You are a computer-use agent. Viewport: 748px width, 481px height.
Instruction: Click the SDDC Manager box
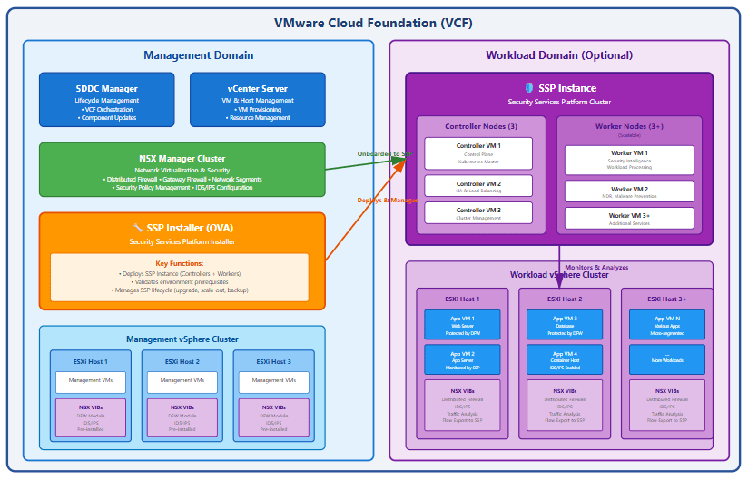click(x=106, y=100)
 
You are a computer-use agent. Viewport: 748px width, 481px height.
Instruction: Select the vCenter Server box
click(x=257, y=100)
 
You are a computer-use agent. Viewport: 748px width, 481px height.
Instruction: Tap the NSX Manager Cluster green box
click(x=182, y=170)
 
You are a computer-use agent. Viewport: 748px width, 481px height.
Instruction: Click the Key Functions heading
click(x=179, y=263)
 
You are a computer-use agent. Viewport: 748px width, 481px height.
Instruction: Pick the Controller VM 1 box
click(x=477, y=153)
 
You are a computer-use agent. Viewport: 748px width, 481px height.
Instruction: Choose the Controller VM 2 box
click(x=477, y=186)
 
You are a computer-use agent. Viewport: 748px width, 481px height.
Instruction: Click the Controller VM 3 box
click(x=477, y=213)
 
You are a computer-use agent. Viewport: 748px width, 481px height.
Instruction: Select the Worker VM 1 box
click(x=628, y=160)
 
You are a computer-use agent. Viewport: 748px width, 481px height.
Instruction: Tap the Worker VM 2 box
click(x=628, y=191)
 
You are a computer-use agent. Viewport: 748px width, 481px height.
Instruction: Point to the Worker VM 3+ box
click(x=628, y=219)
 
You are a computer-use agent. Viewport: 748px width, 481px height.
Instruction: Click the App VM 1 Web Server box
click(x=462, y=324)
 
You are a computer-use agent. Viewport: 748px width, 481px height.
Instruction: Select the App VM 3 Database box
click(x=564, y=324)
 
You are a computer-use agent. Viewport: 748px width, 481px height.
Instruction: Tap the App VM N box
click(x=666, y=324)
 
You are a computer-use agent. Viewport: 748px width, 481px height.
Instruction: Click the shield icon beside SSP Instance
click(x=529, y=88)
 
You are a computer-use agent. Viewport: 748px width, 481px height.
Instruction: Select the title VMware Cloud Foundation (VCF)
click(x=373, y=23)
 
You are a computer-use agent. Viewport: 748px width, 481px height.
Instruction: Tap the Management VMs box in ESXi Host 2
click(x=182, y=381)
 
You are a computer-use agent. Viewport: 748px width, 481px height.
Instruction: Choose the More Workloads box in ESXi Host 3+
click(x=666, y=358)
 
